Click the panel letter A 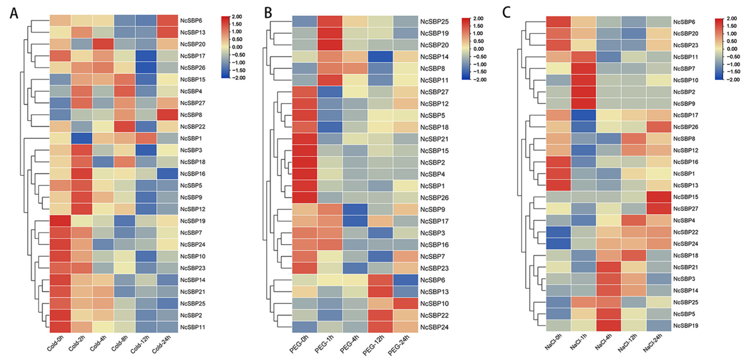[x=14, y=13]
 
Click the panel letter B [x=268, y=13]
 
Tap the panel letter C [x=506, y=13]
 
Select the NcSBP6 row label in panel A [x=191, y=21]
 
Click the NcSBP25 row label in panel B [x=434, y=21]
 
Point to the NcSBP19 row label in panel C [x=686, y=326]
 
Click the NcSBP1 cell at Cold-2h [x=82, y=138]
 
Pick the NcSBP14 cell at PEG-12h [x=380, y=57]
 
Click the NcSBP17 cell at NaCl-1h [x=584, y=115]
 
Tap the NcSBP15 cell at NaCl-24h [x=659, y=197]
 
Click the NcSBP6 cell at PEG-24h [x=405, y=280]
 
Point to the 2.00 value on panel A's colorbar [x=237, y=17]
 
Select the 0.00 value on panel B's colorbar [x=478, y=49]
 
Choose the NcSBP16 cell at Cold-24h [x=167, y=174]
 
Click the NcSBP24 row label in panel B [x=434, y=327]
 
